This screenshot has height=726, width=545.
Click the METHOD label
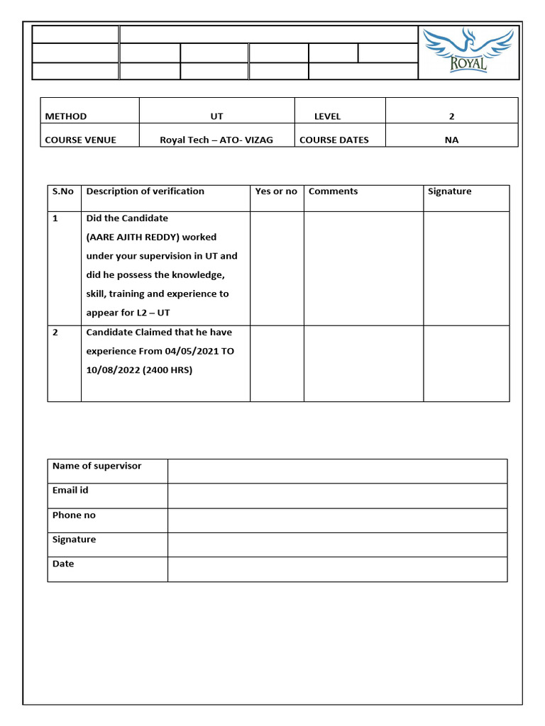coord(66,116)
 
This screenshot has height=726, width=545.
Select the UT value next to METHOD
coord(216,116)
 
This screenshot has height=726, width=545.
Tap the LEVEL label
coord(327,116)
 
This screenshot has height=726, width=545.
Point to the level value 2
coord(451,116)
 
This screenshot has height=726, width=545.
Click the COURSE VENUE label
coord(80,140)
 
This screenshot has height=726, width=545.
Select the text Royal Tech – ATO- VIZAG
coord(216,140)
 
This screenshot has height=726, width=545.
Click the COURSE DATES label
coord(334,140)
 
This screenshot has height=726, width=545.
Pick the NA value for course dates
coord(451,140)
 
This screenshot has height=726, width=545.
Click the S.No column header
coord(63,191)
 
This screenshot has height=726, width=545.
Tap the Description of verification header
coord(145,191)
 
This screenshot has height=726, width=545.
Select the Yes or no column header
coord(276,191)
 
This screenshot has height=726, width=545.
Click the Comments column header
coord(333,191)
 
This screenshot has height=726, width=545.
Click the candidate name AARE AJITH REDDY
coord(142,237)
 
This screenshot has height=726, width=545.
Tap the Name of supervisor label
coord(97,466)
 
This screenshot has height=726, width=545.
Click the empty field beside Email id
coord(337,496)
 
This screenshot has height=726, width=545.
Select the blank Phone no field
coord(337,520)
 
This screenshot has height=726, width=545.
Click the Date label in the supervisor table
coord(63,564)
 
